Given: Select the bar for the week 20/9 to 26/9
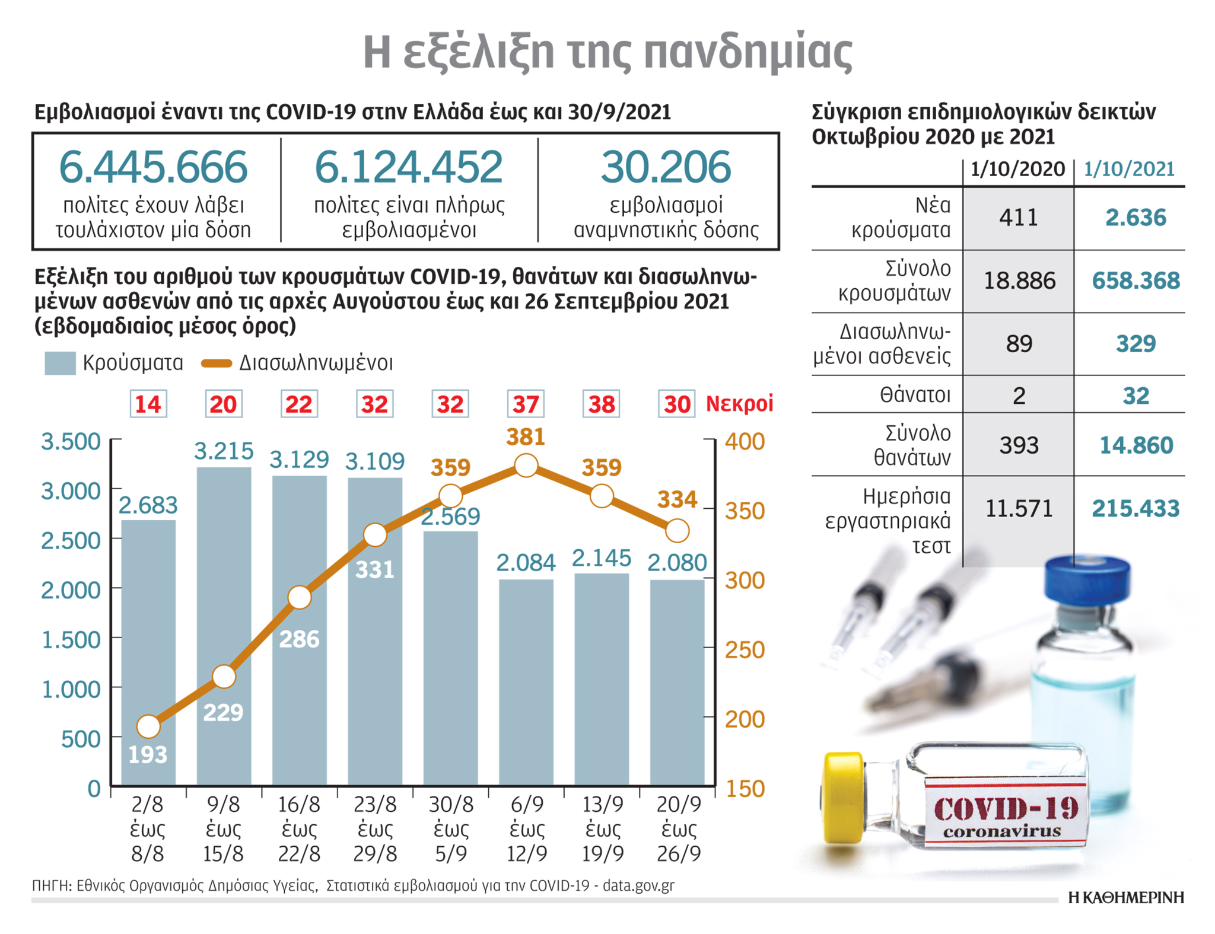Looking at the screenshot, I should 678,682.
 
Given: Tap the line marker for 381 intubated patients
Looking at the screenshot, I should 526,466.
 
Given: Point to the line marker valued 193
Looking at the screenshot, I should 148,726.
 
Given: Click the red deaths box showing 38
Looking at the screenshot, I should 602,404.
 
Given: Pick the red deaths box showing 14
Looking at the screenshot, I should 148,404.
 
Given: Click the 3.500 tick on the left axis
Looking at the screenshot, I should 71,442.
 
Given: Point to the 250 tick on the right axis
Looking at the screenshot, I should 745,650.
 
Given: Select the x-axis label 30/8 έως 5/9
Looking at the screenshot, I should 451,829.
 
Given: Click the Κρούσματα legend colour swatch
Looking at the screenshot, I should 60,363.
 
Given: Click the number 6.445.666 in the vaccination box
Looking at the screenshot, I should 153,167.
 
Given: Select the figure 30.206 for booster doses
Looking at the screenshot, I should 666,167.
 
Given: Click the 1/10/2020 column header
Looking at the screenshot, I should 1017,170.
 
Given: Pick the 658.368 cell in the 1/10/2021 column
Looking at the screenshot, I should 1136,280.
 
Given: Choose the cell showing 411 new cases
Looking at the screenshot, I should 1019,218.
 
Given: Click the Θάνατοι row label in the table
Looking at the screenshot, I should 915,394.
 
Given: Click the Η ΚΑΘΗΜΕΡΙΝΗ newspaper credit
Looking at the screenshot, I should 1125,898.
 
